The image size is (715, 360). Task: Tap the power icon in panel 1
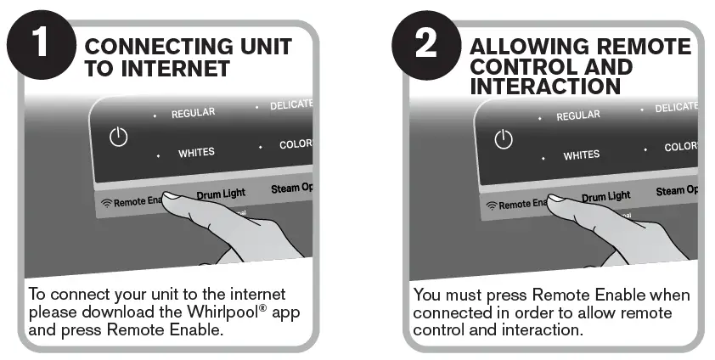click(x=118, y=137)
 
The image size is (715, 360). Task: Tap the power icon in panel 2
click(x=504, y=139)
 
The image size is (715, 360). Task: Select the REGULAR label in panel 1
click(x=193, y=113)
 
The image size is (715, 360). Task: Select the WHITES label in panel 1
click(x=196, y=154)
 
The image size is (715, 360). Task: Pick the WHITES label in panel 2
click(x=582, y=155)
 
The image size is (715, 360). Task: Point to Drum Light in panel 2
click(x=606, y=196)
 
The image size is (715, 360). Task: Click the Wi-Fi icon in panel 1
click(x=106, y=203)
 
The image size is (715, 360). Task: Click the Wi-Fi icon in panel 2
click(x=491, y=205)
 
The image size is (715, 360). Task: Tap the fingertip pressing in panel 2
click(x=557, y=201)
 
